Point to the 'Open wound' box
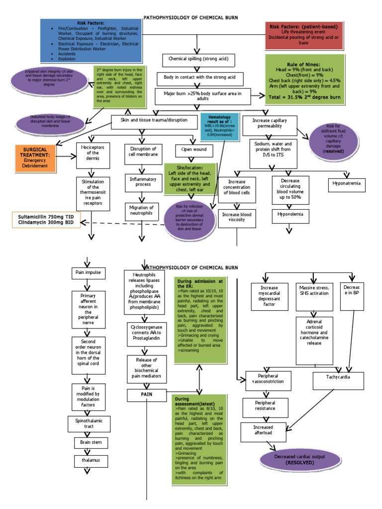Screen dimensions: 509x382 [x=194, y=150]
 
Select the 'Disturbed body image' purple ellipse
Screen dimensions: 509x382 [x=47, y=123]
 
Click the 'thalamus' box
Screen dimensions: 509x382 [x=91, y=461]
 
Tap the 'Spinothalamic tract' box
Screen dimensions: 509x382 [x=91, y=423]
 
